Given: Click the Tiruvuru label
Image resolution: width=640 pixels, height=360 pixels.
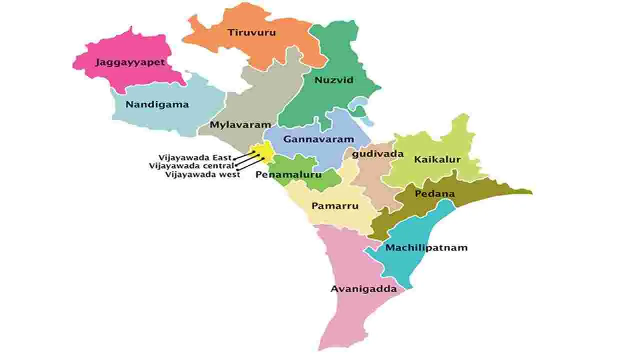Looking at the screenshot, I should coord(251,33).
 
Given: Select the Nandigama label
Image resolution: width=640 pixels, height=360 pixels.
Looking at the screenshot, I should coord(157,104).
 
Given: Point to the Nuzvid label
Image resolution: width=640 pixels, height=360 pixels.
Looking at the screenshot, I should coord(334,80).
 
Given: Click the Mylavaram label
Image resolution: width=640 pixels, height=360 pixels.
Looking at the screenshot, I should coord(240,125).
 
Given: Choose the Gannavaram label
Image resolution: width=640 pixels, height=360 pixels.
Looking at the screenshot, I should coord(318,139).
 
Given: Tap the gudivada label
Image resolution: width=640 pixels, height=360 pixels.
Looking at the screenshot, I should coord(377,154).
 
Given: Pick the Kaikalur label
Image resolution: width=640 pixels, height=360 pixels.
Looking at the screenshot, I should coord(437,160).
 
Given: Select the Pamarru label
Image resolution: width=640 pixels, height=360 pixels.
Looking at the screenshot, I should coord(335,205).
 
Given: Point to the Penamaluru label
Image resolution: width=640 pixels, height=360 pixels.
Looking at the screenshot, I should coord(288,175).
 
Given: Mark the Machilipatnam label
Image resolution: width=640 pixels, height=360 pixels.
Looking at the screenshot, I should coord(426,247).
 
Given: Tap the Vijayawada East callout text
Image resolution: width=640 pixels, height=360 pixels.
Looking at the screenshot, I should coord(195,157).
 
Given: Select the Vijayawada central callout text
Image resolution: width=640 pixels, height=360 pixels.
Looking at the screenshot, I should coord(191,166).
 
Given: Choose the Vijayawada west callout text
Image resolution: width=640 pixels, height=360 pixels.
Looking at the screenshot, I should coord(202,174).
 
